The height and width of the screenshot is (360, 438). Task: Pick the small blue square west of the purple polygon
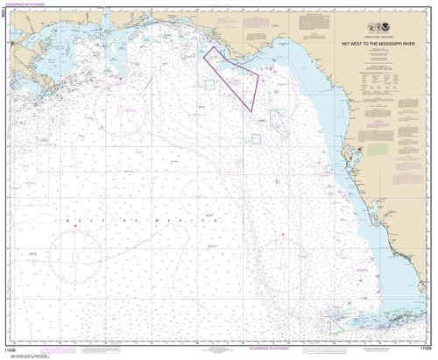coord(210,84)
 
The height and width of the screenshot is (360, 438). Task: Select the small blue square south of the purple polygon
coord(257,138)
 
